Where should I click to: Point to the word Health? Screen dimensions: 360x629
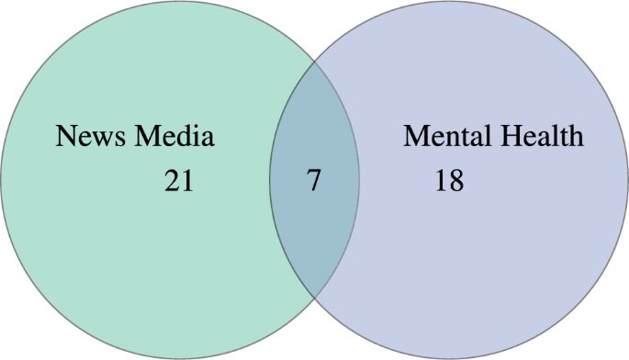(x=538, y=138)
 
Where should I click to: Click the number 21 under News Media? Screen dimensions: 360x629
(x=179, y=182)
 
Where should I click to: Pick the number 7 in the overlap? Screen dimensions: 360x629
(x=314, y=181)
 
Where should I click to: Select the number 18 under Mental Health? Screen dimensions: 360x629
(x=449, y=182)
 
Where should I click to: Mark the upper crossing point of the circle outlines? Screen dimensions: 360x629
(x=314, y=62)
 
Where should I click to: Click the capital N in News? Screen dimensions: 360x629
(x=65, y=138)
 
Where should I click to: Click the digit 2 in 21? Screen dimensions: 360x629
(x=173, y=182)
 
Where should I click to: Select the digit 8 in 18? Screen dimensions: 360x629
(x=455, y=182)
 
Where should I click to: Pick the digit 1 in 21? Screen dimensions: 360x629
(x=186, y=182)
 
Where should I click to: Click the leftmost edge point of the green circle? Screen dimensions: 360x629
(x=1, y=181)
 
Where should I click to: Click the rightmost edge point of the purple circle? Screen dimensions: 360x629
(x=627, y=181)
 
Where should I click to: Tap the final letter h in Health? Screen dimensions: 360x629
(x=576, y=138)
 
